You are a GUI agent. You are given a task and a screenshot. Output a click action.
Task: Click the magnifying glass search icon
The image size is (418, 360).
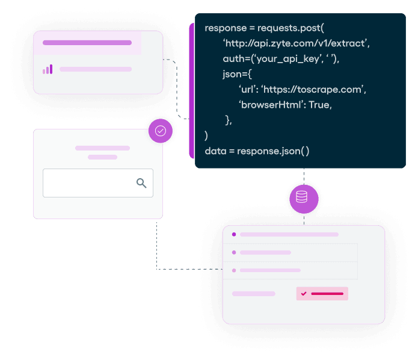[x=141, y=183]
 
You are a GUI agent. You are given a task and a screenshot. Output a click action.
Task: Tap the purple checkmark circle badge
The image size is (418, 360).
[x=161, y=131]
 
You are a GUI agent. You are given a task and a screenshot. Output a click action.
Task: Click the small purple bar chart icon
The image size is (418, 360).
[x=48, y=69]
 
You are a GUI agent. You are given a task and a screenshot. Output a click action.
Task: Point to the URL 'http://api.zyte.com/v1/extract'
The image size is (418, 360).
[x=296, y=44]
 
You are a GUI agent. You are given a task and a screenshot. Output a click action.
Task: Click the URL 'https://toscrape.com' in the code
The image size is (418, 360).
[x=313, y=89]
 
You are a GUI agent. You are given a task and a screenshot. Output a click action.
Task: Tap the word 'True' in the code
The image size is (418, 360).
[x=319, y=104]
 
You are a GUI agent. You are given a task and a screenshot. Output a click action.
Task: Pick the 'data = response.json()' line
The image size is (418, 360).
[x=257, y=151]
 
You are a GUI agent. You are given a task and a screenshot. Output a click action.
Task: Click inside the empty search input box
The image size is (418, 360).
[x=87, y=183]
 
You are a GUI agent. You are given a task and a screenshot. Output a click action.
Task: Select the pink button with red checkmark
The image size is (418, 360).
[x=322, y=294]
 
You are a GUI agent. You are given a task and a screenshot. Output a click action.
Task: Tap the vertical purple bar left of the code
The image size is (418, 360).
[x=191, y=90]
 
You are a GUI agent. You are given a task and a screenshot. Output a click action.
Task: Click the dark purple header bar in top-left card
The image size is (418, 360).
[x=87, y=43]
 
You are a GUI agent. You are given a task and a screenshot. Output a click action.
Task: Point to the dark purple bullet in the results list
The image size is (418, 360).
[x=234, y=235]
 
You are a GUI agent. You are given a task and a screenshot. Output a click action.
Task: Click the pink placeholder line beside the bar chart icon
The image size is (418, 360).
[x=95, y=69]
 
